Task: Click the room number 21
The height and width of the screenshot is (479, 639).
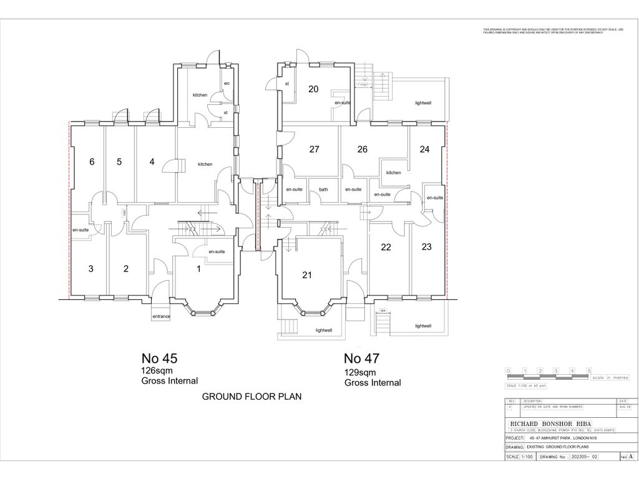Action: pos(306,275)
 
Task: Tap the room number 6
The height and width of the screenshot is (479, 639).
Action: pos(92,162)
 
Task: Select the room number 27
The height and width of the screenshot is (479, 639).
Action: pos(314,149)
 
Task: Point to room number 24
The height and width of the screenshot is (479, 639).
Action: pos(424,149)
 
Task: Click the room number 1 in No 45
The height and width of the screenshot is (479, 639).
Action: pos(199,269)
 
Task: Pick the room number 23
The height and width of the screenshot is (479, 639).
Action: pos(426,246)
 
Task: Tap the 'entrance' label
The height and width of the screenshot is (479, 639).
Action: pos(161,316)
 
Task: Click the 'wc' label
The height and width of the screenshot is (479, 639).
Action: pos(227,82)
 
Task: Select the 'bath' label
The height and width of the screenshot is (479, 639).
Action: pos(323,189)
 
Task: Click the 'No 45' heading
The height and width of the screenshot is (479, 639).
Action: pos(160,359)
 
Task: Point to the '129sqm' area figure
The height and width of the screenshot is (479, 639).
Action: pos(361,372)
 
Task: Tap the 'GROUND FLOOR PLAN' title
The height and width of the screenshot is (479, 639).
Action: pos(251,396)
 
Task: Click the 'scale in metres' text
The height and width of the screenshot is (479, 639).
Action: pos(610,377)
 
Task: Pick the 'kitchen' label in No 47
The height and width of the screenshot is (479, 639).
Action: pos(393,173)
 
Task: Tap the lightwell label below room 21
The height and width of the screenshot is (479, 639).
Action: pos(324,330)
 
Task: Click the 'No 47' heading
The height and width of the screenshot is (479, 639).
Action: pos(362,359)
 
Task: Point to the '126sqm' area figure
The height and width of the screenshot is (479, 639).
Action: pos(157,370)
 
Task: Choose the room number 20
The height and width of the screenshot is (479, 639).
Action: pos(313,89)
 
